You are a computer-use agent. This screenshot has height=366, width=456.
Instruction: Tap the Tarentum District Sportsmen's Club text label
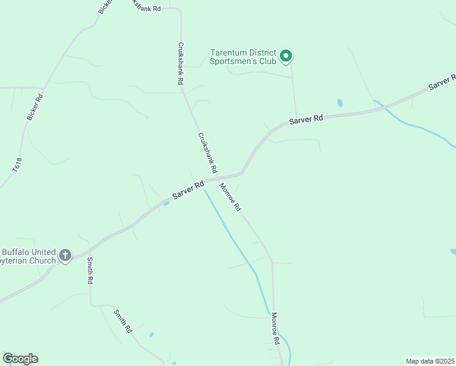coord(243,57)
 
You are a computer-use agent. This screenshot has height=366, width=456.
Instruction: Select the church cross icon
coord(65,256)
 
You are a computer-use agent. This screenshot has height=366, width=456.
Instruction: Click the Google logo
coord(20,359)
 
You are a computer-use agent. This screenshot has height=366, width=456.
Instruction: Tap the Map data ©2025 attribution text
coord(430,361)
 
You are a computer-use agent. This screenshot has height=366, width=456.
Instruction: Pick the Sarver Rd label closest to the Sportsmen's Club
coord(305,120)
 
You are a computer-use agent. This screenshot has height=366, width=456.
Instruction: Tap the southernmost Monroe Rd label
coord(275,329)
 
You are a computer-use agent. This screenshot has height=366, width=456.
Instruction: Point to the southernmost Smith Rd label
coord(123,321)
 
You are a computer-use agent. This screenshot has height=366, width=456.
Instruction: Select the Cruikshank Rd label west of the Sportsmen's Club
coord(180,63)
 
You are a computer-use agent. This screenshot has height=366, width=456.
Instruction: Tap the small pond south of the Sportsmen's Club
coord(340,103)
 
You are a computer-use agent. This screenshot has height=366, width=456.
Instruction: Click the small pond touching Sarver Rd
coord(166,203)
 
